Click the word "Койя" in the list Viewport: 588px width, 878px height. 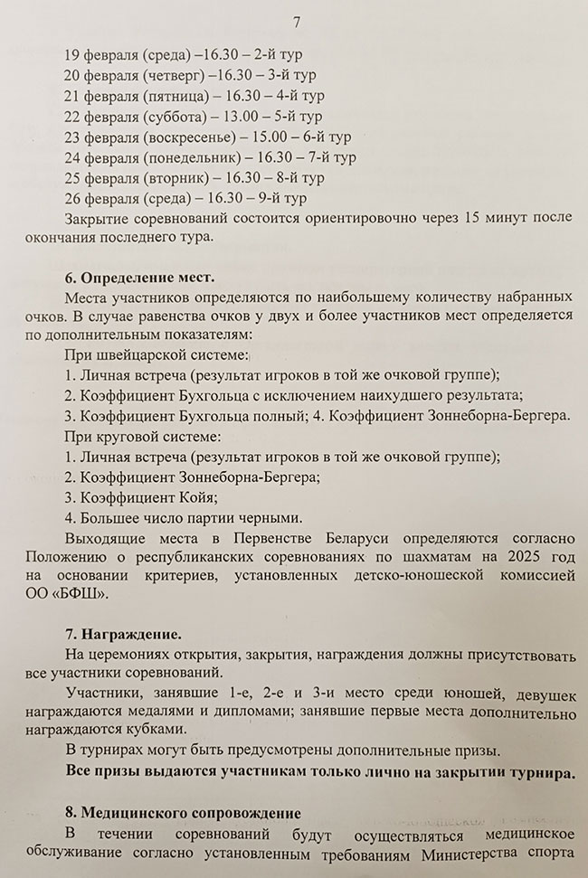pos(196,496)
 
